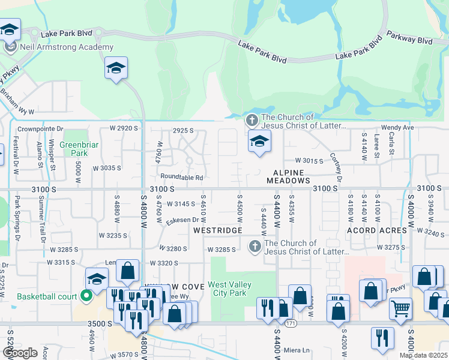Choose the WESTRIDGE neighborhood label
point(217,230)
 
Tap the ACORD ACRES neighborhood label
point(376,230)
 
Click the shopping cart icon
point(400,308)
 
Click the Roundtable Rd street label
point(182,177)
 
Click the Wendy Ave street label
point(397,128)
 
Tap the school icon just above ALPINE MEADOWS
point(259,142)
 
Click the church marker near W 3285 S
point(255,247)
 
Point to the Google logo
point(20,353)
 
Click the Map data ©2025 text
point(423,355)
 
